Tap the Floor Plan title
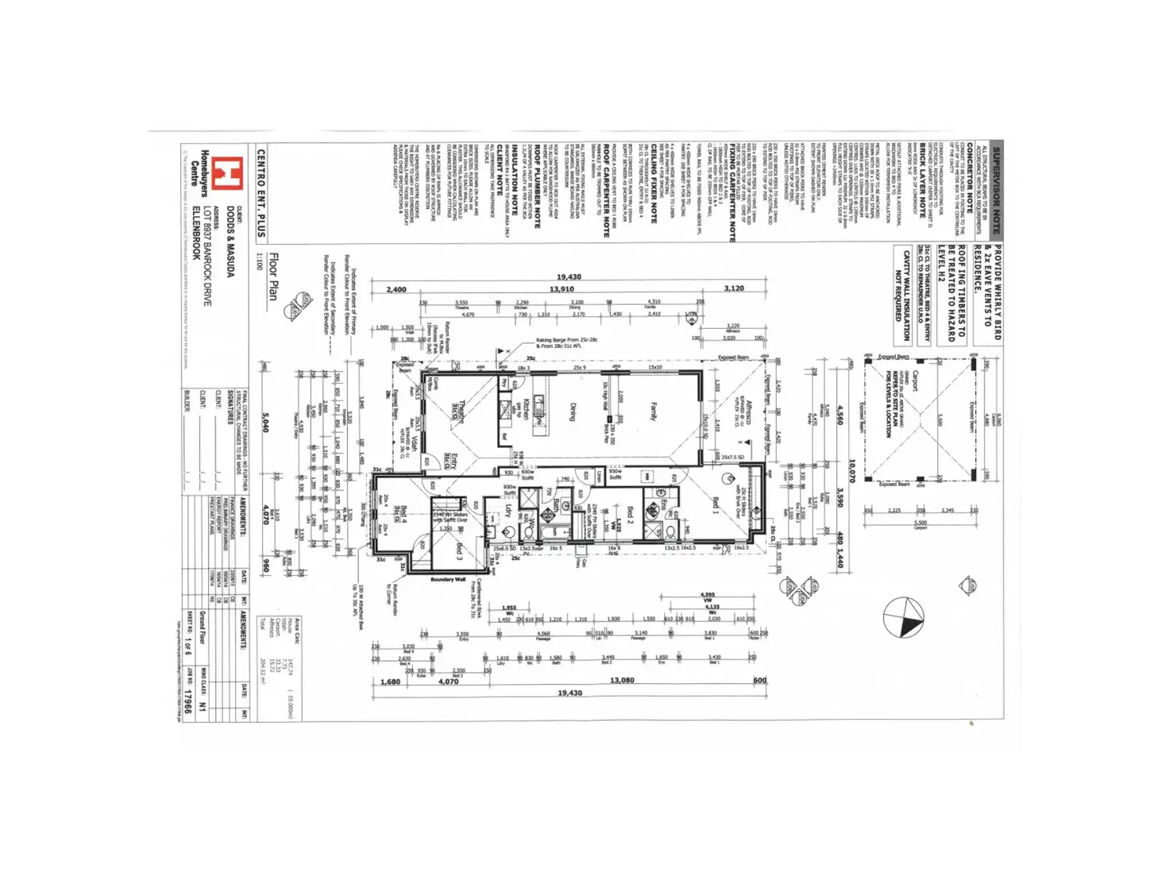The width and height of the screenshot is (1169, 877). coord(274,276)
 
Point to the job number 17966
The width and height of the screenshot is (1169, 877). coord(187,700)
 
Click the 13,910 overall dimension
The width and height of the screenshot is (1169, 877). coord(561,289)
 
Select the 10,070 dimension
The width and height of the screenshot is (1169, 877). coord(852,471)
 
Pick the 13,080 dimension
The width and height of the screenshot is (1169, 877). coord(621,681)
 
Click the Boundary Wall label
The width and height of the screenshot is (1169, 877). coord(448,580)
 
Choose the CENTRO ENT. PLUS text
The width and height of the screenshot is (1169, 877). coord(260,192)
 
